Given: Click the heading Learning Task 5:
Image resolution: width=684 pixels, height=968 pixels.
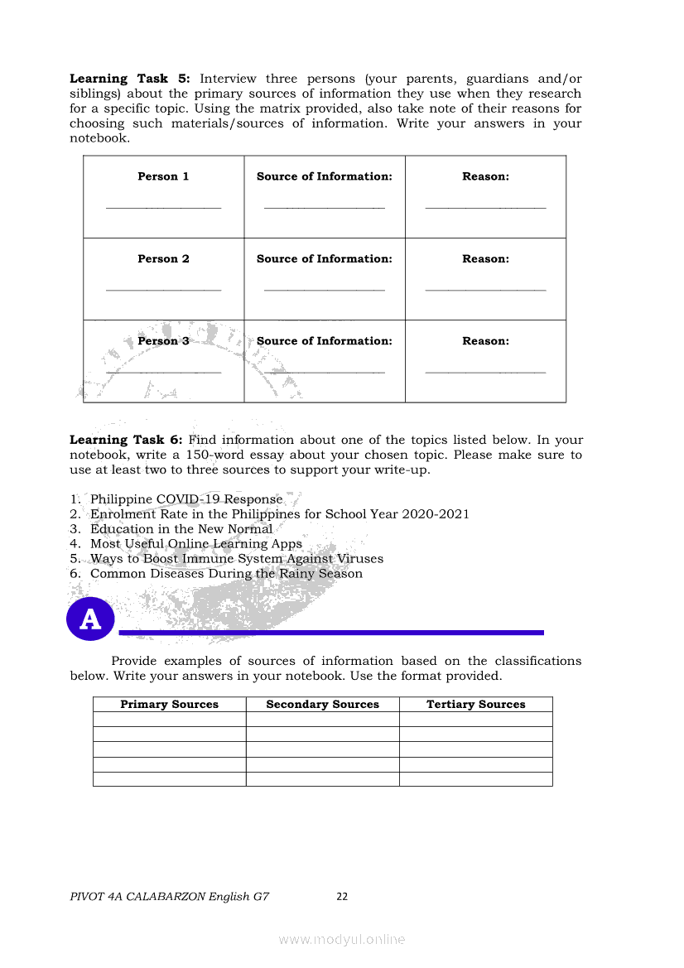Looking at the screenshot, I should [130, 79].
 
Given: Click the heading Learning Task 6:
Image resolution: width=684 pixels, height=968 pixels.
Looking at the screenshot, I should [130, 440].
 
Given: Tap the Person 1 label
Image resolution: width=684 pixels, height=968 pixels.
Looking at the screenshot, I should [163, 176].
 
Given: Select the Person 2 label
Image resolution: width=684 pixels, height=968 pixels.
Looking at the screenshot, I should [163, 259].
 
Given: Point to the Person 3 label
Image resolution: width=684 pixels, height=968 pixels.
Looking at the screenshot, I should [163, 341].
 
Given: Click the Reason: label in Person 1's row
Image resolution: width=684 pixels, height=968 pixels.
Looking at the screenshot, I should [485, 176].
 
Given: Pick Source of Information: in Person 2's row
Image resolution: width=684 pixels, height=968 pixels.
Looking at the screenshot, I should [325, 259].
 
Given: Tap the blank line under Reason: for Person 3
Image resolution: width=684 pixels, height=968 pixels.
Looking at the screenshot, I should [485, 373].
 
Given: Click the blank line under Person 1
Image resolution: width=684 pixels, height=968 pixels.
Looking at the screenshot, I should [163, 208].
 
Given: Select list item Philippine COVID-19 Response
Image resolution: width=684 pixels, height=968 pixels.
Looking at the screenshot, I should [186, 499].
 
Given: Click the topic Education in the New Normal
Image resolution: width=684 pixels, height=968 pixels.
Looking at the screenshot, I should [181, 529].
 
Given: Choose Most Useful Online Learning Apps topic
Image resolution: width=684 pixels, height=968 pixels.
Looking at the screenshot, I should [196, 544].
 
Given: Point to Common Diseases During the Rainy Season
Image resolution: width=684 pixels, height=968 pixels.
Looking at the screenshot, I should [226, 574].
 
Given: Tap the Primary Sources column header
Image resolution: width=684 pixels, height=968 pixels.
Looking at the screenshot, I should [169, 705].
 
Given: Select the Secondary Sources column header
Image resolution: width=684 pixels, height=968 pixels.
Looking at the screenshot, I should [322, 705].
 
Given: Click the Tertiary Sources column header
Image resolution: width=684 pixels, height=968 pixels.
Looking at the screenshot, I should [475, 705].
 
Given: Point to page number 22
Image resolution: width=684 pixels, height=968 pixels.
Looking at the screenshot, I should [342, 897].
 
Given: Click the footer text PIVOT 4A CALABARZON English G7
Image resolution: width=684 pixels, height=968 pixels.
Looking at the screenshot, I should [170, 897].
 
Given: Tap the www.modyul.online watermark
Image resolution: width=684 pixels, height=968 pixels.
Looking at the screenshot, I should [342, 939].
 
